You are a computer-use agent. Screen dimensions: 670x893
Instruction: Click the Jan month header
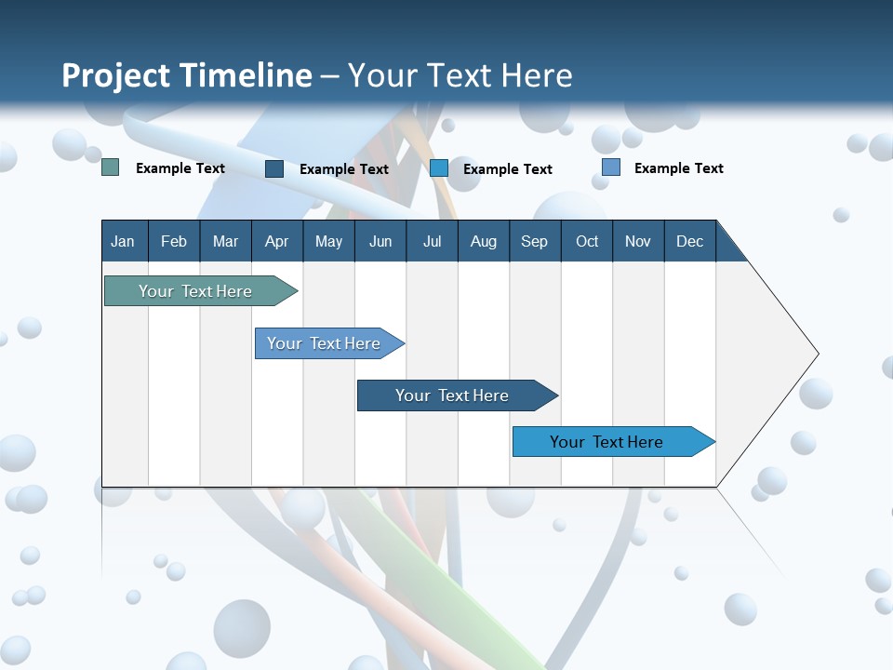[x=124, y=241]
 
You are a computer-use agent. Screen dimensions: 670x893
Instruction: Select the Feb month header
[x=174, y=241]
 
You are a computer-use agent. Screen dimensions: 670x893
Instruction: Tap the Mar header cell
[x=225, y=241]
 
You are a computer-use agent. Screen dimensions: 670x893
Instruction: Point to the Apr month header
[x=277, y=241]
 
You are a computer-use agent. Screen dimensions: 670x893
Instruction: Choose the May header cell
[x=328, y=241]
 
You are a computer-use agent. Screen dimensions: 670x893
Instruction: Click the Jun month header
[x=380, y=241]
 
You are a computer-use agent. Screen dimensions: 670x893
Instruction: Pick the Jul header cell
[x=432, y=241]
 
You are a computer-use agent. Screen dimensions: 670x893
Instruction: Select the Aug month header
[x=484, y=241]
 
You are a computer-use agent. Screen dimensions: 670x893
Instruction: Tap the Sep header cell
[x=535, y=241]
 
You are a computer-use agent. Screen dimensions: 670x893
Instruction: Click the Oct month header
[x=587, y=241]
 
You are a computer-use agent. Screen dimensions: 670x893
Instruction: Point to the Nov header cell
[x=638, y=241]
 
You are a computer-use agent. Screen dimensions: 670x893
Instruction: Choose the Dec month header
[x=690, y=241]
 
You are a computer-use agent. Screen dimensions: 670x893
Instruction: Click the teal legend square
[x=111, y=167]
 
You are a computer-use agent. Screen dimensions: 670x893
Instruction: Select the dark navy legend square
[x=274, y=168]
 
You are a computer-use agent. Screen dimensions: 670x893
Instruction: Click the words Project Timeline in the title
[x=187, y=75]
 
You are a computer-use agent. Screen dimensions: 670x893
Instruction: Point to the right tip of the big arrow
[x=816, y=354]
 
